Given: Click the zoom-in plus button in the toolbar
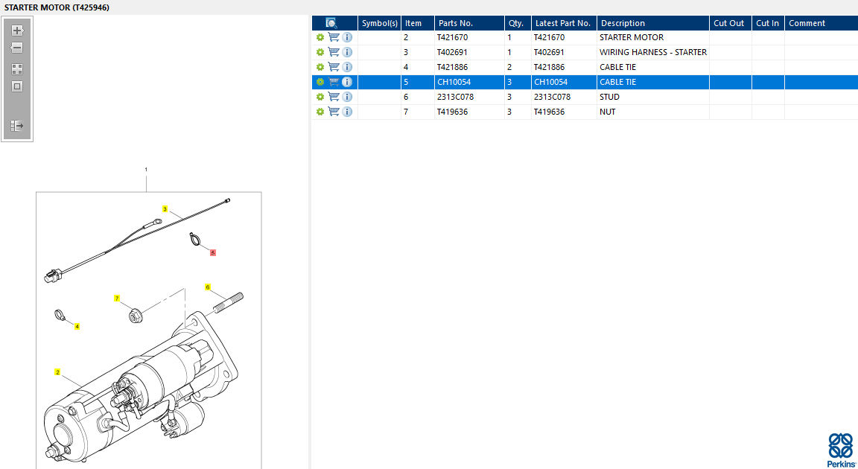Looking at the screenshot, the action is [x=17, y=31].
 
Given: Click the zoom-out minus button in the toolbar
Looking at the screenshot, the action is [x=17, y=48].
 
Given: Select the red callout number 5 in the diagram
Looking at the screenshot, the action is [x=213, y=252].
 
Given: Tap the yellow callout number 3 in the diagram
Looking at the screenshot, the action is [x=165, y=208].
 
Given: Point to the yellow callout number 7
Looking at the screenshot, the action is [x=116, y=299].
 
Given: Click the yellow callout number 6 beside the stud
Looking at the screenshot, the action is [x=207, y=287].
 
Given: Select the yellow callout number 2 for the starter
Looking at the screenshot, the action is [x=57, y=372].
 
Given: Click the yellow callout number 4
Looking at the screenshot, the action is [x=77, y=326].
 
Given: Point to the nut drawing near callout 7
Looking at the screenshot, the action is [x=135, y=316].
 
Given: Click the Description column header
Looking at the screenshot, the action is [x=623, y=23].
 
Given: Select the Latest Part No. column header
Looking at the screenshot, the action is [x=562, y=23].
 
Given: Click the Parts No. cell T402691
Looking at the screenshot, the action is [x=452, y=52].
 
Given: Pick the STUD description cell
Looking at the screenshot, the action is [x=609, y=97].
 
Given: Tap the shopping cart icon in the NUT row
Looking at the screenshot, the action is [x=334, y=112].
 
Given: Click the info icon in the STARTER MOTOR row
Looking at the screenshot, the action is [x=347, y=37].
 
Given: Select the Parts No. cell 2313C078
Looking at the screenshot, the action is [x=455, y=97].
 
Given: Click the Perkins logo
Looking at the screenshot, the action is [x=841, y=450].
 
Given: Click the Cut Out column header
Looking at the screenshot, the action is [x=729, y=23].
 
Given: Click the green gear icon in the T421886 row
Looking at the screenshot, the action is [x=320, y=67].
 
